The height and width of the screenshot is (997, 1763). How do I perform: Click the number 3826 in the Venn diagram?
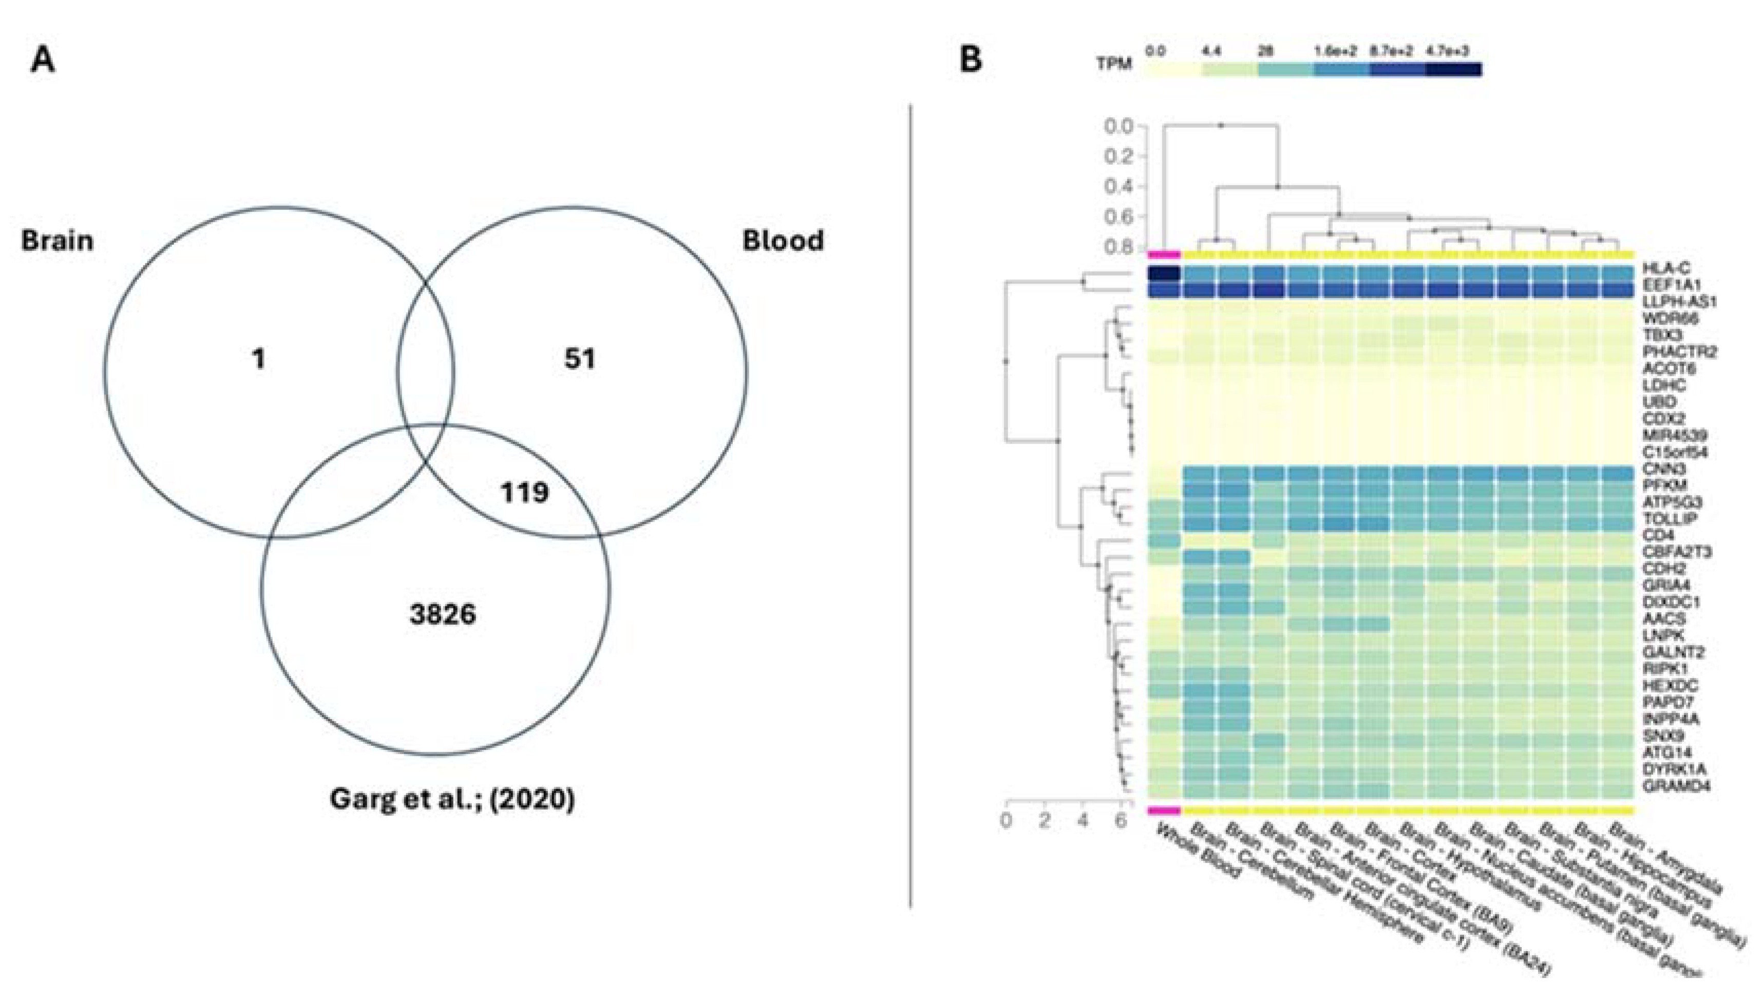[x=443, y=614]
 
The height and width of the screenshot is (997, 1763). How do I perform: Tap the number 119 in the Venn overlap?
[x=525, y=492]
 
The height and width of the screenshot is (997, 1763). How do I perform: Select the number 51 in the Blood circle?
[x=579, y=359]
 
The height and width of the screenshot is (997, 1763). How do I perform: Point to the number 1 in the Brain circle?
[x=258, y=359]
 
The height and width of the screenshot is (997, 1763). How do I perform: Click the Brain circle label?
[x=58, y=241]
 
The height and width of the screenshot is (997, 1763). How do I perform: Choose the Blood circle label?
[x=783, y=241]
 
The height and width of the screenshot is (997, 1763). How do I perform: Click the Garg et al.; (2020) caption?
[x=452, y=798]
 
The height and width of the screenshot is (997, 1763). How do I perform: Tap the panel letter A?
[x=43, y=60]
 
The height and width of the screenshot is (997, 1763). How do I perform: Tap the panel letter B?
[x=970, y=60]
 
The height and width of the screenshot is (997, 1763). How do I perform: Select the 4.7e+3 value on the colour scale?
[x=1447, y=51]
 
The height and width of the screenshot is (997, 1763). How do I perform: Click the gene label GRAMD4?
[x=1674, y=786]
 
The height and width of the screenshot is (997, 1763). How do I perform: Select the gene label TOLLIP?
[x=1669, y=519]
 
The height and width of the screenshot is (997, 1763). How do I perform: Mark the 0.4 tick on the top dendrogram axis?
[x=1121, y=187]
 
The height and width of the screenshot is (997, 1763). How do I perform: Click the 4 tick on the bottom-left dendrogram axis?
[x=1082, y=820]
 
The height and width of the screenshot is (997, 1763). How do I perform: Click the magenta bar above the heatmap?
[x=1164, y=255]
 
